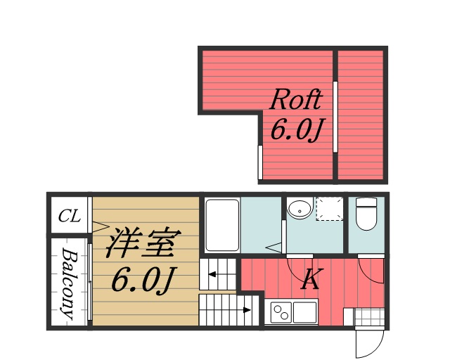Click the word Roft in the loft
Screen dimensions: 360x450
point(296,100)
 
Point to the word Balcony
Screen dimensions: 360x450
point(68,284)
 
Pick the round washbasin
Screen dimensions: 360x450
point(300,209)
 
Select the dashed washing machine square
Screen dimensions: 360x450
point(329,209)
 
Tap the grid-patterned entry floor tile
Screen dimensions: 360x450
point(367,316)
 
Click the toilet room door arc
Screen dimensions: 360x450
point(371,267)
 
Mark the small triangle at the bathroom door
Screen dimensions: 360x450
point(275,247)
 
